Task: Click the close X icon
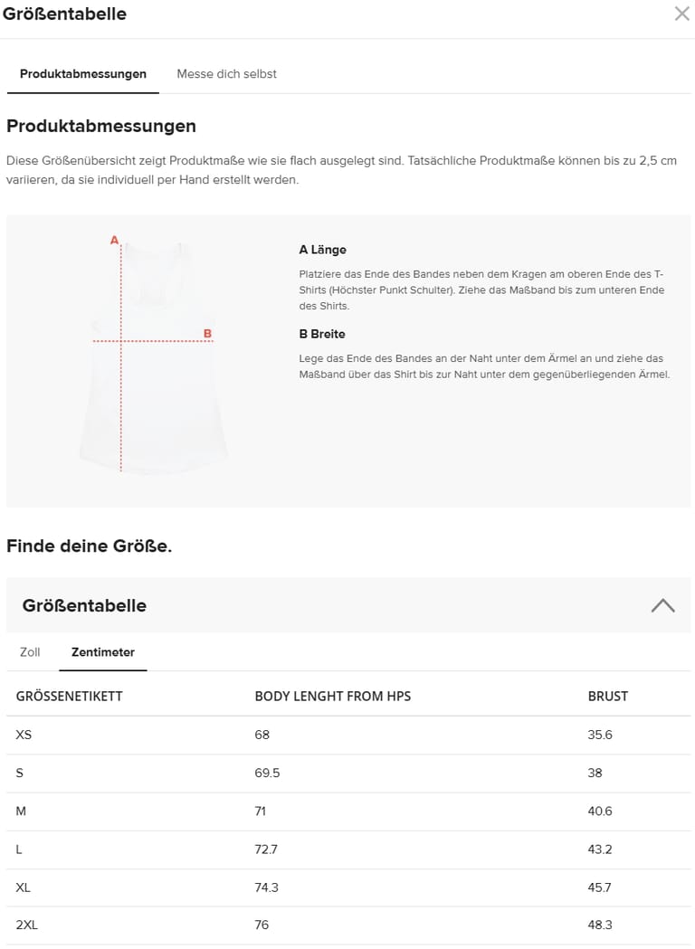[681, 14]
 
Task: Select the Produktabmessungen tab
[83, 74]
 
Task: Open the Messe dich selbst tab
[226, 74]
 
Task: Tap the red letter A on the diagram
[114, 241]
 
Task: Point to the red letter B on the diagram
[207, 334]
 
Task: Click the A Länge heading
[323, 250]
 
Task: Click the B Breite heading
[322, 334]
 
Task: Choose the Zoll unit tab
[30, 652]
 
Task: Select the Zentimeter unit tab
[103, 652]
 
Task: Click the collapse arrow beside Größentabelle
[662, 605]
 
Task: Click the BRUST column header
[607, 697]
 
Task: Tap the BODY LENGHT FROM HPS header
[333, 697]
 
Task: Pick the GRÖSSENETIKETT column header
[70, 697]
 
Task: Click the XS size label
[24, 735]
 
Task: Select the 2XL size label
[27, 925]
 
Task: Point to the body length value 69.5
[267, 773]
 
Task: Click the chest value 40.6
[600, 811]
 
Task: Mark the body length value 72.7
[266, 849]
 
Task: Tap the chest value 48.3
[600, 925]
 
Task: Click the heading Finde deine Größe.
[89, 546]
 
